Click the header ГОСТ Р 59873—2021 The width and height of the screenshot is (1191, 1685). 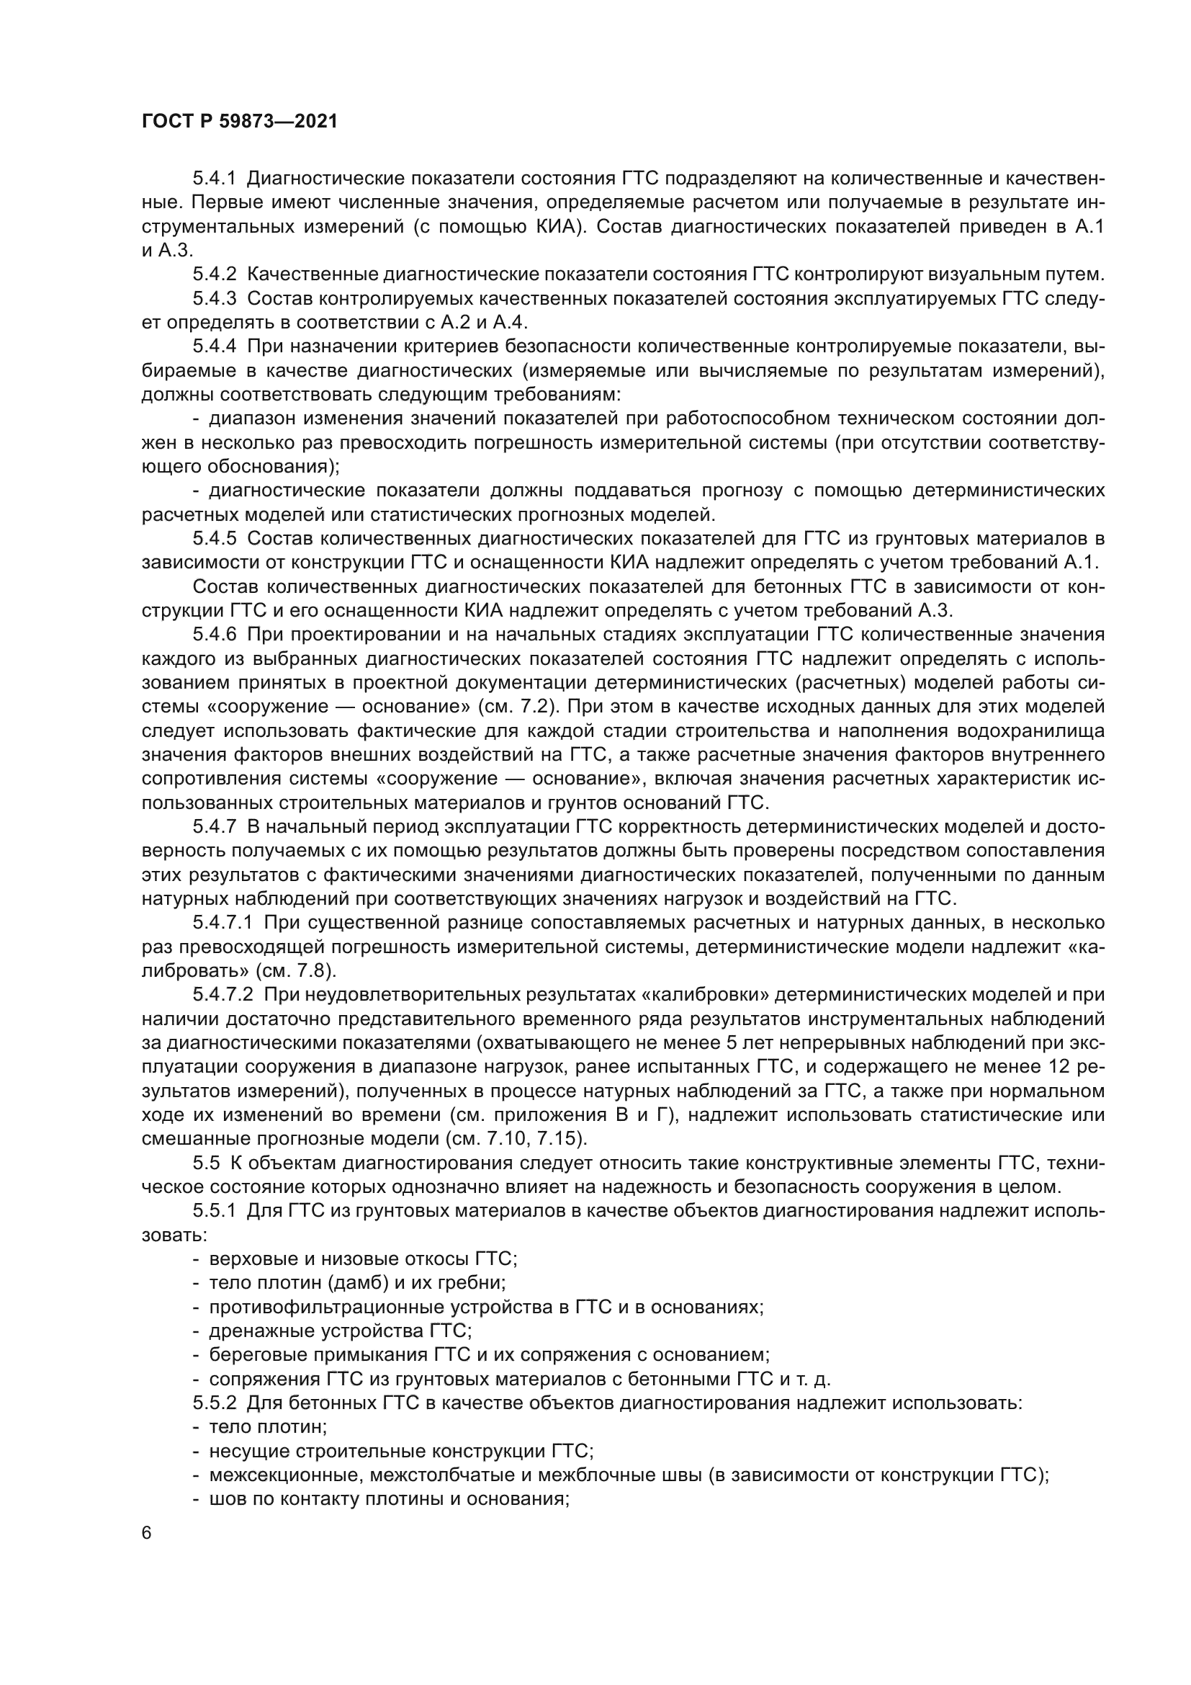click(x=240, y=122)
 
